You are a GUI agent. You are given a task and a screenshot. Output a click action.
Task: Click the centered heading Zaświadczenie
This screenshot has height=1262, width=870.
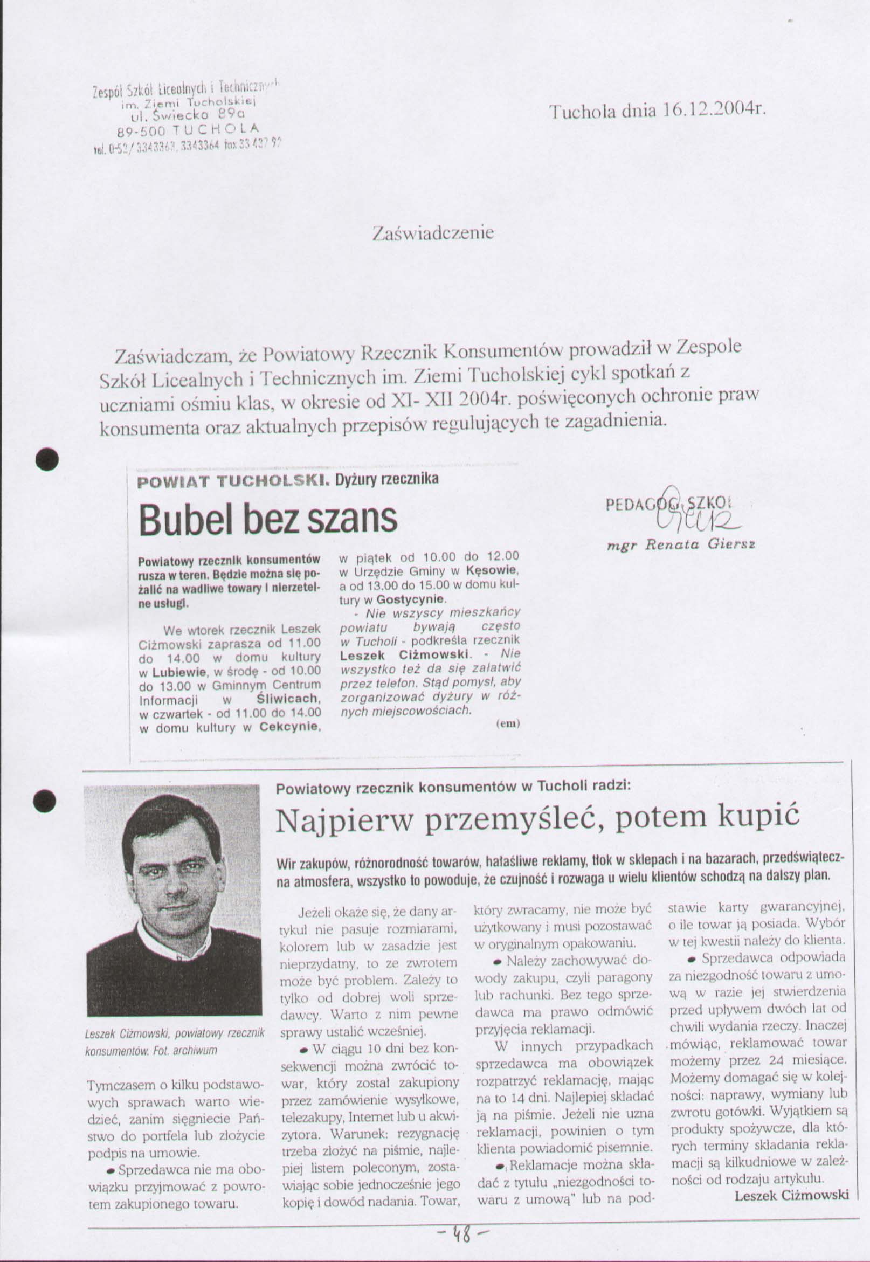[x=433, y=233]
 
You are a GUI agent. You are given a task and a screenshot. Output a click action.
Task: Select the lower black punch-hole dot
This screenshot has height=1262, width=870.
[x=45, y=799]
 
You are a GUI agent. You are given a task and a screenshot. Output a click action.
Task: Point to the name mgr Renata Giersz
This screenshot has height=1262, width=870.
[x=681, y=544]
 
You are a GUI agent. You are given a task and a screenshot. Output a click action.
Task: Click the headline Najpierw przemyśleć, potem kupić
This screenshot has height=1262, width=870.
[x=537, y=820]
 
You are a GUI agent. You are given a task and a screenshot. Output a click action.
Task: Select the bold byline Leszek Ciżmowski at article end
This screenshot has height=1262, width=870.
[x=791, y=1195]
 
